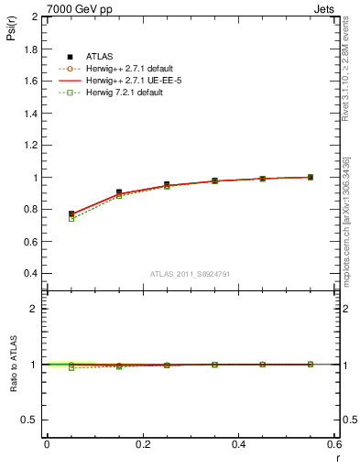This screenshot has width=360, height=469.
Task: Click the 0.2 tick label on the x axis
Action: click(142, 444)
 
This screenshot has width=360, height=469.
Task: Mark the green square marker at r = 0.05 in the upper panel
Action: click(71, 218)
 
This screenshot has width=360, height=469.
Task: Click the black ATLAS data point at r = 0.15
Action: click(119, 192)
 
